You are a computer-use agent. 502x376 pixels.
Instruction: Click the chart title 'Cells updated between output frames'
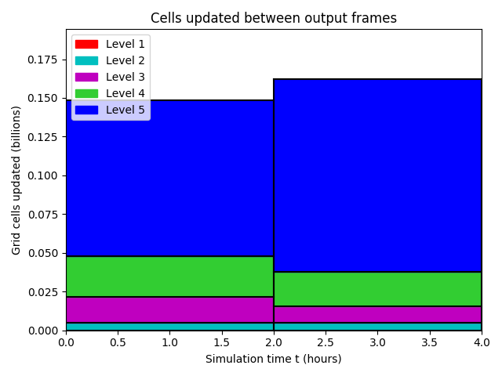coord(274,18)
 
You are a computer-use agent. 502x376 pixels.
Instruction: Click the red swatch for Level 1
coord(86,44)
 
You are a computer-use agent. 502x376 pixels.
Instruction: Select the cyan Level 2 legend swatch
coord(86,61)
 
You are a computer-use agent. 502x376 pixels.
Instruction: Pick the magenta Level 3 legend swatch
coord(86,77)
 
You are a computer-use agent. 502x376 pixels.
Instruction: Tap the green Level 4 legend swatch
coord(86,93)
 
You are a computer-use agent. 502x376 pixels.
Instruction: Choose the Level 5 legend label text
coord(125,110)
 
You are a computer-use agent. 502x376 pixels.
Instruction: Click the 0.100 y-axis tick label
coord(42,175)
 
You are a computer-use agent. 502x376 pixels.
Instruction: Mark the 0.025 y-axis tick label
coord(42,292)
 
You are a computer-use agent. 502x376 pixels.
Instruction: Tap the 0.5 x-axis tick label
coord(118,342)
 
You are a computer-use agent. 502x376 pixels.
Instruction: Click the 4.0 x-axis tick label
coord(482,342)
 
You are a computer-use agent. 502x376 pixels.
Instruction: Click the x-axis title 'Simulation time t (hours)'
coord(274,359)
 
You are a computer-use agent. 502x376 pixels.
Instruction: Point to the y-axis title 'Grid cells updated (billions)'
coord(16,180)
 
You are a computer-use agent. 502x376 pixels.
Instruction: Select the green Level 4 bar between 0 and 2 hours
coord(169,277)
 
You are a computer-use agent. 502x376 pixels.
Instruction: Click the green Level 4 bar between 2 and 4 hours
coord(377,289)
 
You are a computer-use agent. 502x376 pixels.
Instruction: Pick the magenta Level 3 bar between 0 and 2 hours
coord(169,309)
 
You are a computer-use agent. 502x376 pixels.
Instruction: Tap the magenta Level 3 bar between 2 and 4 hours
coord(377,314)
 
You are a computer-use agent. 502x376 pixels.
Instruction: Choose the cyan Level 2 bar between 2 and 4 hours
coord(377,327)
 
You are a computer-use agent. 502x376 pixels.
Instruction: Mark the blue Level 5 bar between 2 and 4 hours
coord(377,175)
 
